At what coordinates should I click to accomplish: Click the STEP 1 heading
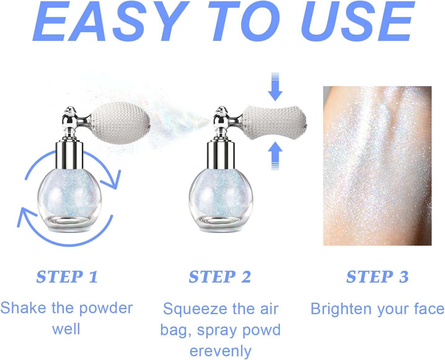pyautogui.click(x=67, y=277)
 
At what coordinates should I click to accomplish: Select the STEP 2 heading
pyautogui.click(x=220, y=277)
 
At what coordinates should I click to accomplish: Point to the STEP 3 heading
pyautogui.click(x=377, y=277)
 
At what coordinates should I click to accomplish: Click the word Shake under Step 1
pyautogui.click(x=23, y=308)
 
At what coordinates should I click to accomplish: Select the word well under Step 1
pyautogui.click(x=66, y=329)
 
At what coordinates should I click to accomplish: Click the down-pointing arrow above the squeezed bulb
pyautogui.click(x=275, y=87)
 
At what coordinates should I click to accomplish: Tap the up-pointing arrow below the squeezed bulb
pyautogui.click(x=275, y=156)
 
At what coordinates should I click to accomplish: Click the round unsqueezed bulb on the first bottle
pyautogui.click(x=121, y=123)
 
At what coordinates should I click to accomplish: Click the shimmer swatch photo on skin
pyautogui.click(x=377, y=166)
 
